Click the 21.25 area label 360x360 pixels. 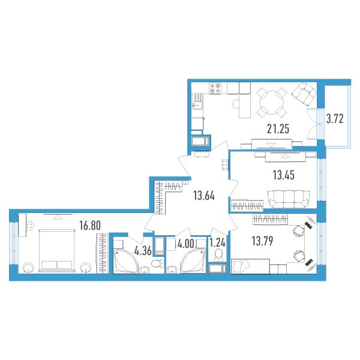pos(278,129)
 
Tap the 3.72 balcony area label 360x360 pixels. pos(335,119)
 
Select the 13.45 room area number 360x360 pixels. pos(284,175)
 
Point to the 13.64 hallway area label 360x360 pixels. pos(204,196)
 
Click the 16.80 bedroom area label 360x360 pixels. pos(90,226)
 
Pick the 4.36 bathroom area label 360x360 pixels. pos(143,251)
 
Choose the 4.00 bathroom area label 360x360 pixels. pos(186,244)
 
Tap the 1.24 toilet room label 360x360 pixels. pos(217,242)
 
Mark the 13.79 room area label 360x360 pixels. pos(262,241)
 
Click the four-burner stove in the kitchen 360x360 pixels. pos(215,88)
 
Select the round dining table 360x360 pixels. pos(271,103)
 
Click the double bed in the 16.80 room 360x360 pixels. pos(57,250)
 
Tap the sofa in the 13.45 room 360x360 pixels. pos(289,199)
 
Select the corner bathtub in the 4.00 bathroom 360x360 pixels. pos(193,261)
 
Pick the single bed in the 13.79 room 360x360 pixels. pos(250,266)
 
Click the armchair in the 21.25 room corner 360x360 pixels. pos(304,94)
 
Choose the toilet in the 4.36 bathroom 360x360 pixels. pos(158,263)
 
